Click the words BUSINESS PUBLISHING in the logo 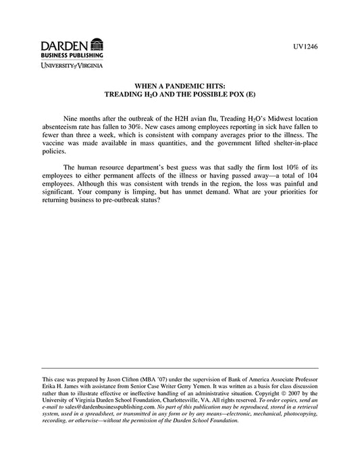[x=70, y=55]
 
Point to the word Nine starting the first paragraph [x=71, y=116]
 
